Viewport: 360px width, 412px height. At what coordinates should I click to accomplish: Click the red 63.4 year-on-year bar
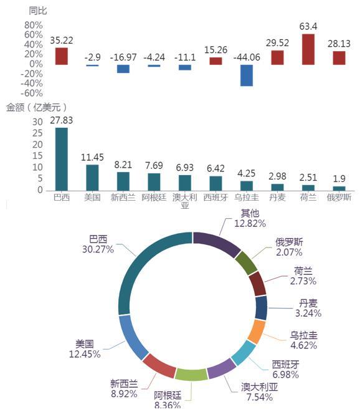point(308,49)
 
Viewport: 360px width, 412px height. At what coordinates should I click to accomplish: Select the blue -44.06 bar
point(247,75)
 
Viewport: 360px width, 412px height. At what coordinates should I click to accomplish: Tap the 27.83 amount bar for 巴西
point(62,159)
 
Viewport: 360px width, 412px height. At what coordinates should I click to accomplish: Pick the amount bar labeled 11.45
point(92,178)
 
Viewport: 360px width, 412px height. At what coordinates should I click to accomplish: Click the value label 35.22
point(62,41)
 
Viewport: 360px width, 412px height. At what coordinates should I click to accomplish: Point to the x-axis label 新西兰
point(123,198)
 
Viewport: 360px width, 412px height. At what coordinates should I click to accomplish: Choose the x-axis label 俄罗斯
point(339,198)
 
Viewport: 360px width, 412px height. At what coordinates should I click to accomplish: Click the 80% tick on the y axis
point(34,26)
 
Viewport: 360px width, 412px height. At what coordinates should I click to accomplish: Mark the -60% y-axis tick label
point(32,93)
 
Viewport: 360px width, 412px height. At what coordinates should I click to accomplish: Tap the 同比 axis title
point(38,11)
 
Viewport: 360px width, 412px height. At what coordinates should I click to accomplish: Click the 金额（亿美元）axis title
point(37,107)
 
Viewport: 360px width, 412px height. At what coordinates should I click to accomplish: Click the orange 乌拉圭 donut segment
point(257,332)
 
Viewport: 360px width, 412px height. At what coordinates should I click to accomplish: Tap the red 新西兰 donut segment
point(159,366)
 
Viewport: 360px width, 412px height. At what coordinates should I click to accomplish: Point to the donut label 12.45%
point(85,354)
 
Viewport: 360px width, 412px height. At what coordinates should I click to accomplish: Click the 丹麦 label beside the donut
point(308,303)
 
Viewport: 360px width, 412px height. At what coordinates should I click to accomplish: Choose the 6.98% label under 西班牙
point(286,375)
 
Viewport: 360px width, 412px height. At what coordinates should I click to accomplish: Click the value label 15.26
point(216,50)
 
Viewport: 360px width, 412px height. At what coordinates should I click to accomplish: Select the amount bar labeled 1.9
point(339,188)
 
